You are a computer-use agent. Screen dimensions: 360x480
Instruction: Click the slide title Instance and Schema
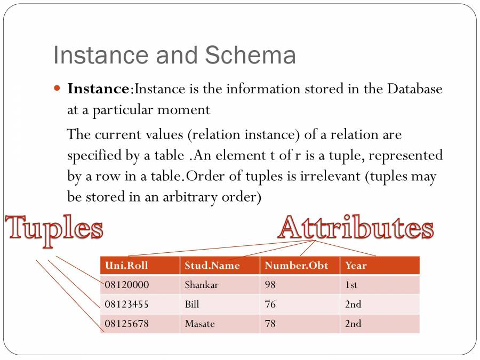point(174,55)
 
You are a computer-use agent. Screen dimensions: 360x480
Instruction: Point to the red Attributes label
point(355,228)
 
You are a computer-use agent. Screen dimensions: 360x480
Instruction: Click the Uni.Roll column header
point(127,265)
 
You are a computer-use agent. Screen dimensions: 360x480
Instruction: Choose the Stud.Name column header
point(212,265)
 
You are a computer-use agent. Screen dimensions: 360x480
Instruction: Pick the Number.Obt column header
point(297,265)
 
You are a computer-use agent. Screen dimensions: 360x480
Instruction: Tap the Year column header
point(356,265)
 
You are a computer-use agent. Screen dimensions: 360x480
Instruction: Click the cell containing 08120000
point(127,285)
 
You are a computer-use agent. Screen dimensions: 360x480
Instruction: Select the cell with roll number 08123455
point(127,304)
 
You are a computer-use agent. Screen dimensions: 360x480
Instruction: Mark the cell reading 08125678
point(127,323)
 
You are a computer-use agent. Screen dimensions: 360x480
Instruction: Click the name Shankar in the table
point(202,285)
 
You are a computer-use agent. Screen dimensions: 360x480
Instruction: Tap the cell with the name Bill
point(192,304)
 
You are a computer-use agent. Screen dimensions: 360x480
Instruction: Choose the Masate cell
point(200,323)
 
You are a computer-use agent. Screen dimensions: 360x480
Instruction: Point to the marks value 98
point(270,285)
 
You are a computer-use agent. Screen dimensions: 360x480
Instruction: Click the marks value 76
point(270,304)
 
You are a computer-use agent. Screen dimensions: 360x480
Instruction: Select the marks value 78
point(270,323)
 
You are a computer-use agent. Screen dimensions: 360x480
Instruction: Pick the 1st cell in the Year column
point(351,285)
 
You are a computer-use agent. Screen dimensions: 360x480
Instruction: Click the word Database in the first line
point(414,89)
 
